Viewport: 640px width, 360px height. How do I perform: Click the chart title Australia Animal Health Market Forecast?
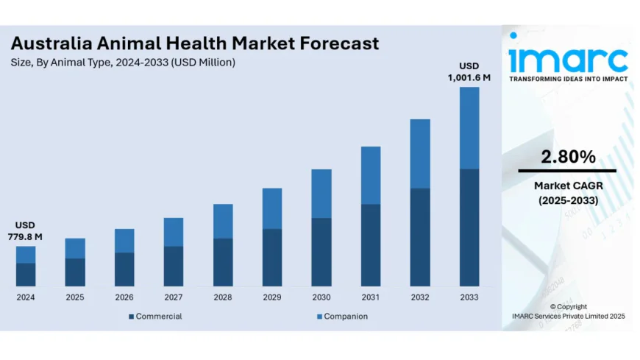point(195,43)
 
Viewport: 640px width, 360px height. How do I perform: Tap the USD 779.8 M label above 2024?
point(26,230)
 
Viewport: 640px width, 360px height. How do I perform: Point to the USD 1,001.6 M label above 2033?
point(469,71)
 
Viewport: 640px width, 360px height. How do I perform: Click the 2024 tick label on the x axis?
point(26,297)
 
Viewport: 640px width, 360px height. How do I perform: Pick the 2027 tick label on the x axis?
point(174,297)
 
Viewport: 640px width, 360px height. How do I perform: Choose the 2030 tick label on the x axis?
point(321,297)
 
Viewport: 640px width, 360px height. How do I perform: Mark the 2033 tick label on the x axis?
point(469,297)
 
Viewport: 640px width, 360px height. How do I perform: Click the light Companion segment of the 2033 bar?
point(469,128)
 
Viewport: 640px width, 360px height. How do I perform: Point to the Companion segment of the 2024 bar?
point(26,254)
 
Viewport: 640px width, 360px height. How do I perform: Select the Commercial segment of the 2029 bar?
point(272,257)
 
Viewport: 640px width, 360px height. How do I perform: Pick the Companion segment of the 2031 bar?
point(371,175)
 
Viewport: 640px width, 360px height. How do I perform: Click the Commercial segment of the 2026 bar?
point(124,269)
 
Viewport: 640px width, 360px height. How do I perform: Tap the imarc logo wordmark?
point(569,59)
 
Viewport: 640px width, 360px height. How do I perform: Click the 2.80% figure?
point(567,156)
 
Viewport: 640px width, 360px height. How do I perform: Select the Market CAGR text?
point(567,186)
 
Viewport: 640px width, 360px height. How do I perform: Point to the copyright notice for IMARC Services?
point(568,311)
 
